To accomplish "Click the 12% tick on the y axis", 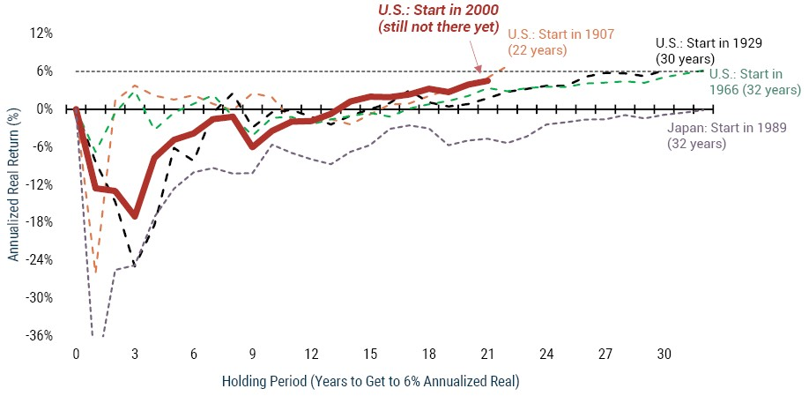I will coord(41,34).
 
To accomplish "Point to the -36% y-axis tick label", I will coord(40,336).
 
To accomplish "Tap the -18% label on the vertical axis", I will coord(40,222).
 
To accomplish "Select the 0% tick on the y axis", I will coord(44,109).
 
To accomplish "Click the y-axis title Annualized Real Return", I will coord(14,185).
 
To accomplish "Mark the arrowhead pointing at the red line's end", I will coord(479,69).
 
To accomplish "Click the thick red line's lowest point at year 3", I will coord(135,216).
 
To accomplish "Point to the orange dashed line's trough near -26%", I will coord(95,270).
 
